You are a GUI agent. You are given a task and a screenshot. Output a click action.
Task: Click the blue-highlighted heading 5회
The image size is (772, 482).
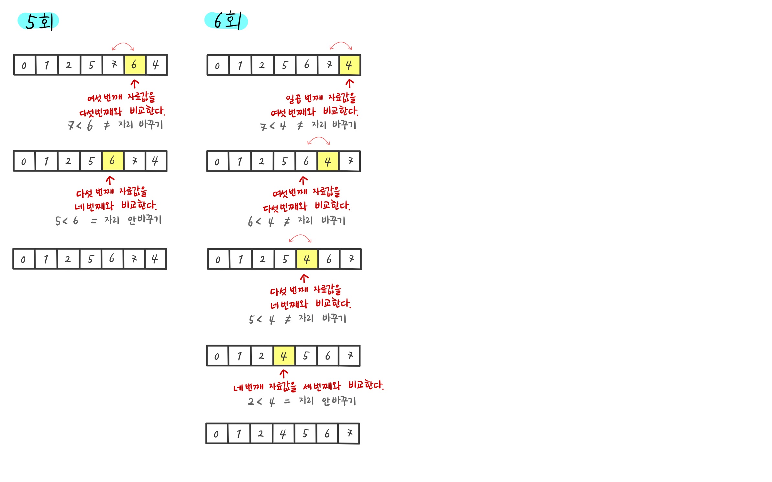(38, 22)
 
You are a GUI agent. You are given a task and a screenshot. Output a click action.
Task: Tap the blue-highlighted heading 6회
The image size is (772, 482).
(226, 21)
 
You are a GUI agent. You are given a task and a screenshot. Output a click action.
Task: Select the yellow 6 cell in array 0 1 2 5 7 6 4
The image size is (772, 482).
(135, 65)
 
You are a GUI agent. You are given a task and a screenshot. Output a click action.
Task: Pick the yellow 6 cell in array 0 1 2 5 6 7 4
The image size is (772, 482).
(113, 161)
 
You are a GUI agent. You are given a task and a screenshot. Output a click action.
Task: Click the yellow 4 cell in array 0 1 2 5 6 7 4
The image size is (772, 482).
(349, 65)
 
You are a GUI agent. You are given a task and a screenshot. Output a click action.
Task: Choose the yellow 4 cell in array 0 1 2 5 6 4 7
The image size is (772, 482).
(328, 161)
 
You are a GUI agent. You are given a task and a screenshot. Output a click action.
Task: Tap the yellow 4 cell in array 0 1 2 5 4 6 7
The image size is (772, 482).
(307, 259)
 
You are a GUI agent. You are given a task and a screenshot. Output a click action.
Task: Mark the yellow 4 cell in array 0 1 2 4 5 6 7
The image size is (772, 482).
(284, 356)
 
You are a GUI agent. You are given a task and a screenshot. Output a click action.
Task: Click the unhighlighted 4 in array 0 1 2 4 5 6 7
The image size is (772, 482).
(283, 434)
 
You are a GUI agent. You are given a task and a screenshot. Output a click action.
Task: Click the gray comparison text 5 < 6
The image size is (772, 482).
(67, 221)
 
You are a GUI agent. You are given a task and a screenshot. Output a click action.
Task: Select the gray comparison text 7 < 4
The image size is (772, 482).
(273, 126)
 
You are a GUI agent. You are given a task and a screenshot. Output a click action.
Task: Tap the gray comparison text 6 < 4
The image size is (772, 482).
(261, 222)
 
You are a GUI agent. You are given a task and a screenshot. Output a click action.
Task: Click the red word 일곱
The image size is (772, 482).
(293, 99)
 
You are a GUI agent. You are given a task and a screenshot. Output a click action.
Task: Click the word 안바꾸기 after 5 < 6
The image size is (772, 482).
(144, 220)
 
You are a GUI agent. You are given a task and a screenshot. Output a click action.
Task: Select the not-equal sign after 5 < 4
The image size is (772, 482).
(288, 319)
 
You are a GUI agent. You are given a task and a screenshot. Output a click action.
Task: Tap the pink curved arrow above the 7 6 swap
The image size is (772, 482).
(123, 46)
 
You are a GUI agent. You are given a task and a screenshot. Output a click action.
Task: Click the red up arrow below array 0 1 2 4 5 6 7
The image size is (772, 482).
(284, 374)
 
